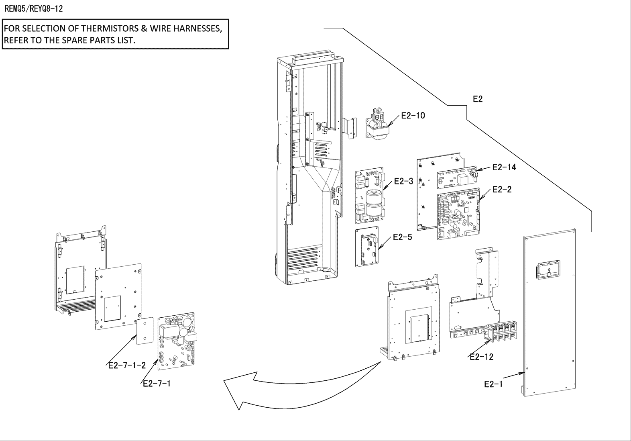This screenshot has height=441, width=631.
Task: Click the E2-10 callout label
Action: (413, 116)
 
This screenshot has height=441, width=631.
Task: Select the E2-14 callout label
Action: (504, 167)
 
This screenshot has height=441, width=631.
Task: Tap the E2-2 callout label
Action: (502, 189)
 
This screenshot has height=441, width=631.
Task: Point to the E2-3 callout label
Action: (404, 181)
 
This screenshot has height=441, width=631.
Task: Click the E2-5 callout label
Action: (403, 237)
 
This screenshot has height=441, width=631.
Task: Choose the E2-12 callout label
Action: (482, 357)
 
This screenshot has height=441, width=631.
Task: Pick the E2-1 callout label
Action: (494, 384)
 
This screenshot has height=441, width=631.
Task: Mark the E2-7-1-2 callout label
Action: (127, 365)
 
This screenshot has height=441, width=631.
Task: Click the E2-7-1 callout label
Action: (157, 384)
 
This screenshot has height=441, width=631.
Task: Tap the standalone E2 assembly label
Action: (478, 99)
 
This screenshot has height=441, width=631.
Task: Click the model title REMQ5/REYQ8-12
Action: (34, 9)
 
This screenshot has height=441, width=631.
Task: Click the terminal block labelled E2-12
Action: (500, 333)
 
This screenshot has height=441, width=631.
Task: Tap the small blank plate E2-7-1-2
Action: (145, 331)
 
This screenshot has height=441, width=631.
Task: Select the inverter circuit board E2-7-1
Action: (176, 341)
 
